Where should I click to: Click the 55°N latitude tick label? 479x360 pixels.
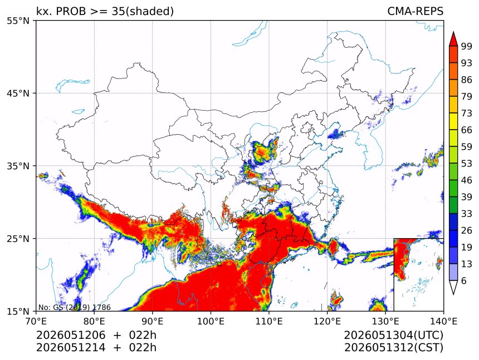click(18, 21)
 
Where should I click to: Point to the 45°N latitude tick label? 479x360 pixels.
click(18, 93)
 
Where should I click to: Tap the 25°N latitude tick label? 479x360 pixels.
click(18, 238)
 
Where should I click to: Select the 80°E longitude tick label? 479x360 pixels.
click(94, 321)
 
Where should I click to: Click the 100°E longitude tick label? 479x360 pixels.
click(211, 321)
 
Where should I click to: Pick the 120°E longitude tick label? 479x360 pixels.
click(327, 321)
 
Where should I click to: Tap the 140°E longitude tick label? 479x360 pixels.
click(443, 321)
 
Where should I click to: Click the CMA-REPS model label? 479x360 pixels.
click(415, 11)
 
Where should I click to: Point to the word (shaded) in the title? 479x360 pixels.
click(149, 12)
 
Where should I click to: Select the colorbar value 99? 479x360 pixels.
click(467, 46)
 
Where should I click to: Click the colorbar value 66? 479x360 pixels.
click(467, 130)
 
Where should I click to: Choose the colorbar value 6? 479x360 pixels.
click(464, 280)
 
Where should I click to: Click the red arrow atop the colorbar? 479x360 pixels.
click(453, 39)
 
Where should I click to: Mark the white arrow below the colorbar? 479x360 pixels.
click(453, 287)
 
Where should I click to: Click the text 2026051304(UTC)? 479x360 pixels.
click(394, 336)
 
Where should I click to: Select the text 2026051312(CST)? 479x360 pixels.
click(394, 348)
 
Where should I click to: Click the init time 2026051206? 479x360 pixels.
click(71, 336)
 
